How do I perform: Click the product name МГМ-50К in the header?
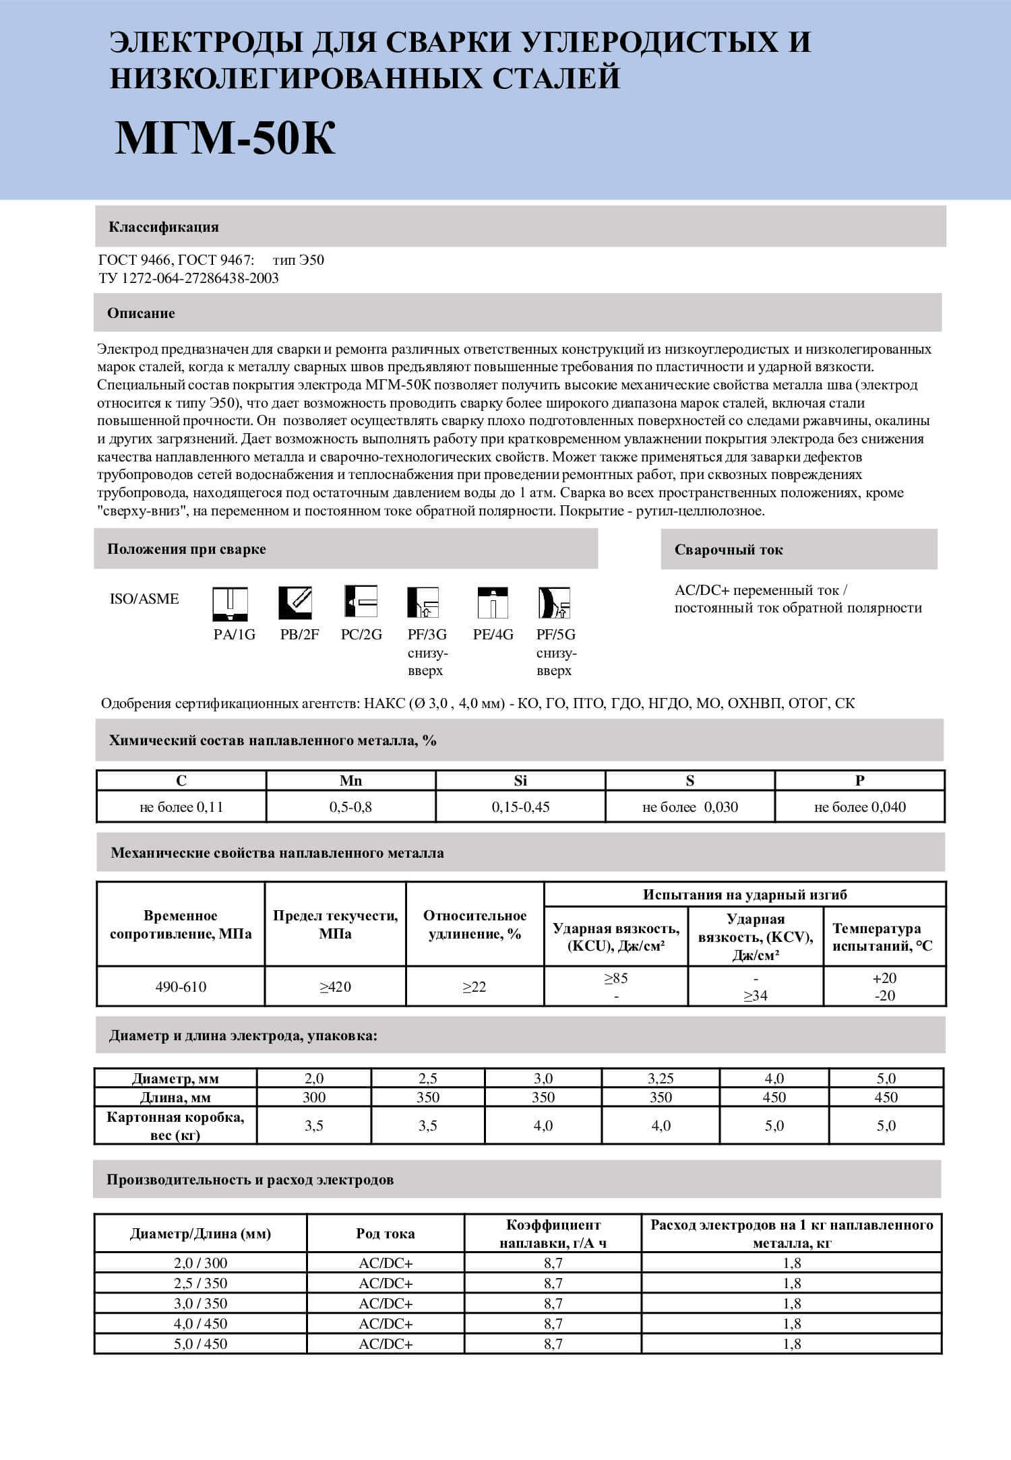[x=225, y=139]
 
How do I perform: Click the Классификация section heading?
[x=164, y=227]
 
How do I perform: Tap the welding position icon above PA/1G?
[x=230, y=603]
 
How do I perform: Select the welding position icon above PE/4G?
[x=493, y=603]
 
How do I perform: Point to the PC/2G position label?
[x=361, y=635]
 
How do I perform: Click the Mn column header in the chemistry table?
[x=350, y=781]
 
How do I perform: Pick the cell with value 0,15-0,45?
[x=520, y=807]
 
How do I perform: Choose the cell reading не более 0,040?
[x=859, y=807]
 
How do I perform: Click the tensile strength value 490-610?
[x=181, y=987]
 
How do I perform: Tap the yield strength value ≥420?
[x=335, y=987]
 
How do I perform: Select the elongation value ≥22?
[x=474, y=987]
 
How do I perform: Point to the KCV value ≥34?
[x=756, y=996]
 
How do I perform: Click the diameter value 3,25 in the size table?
[x=661, y=1079]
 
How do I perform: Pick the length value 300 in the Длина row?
[x=314, y=1098]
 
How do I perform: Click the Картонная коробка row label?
[x=175, y=1126]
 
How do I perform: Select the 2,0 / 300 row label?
[x=200, y=1263]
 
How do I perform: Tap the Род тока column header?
[x=386, y=1234]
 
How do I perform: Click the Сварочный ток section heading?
[x=729, y=550]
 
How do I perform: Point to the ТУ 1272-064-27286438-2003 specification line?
[x=189, y=278]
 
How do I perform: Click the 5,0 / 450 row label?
[x=200, y=1344]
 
